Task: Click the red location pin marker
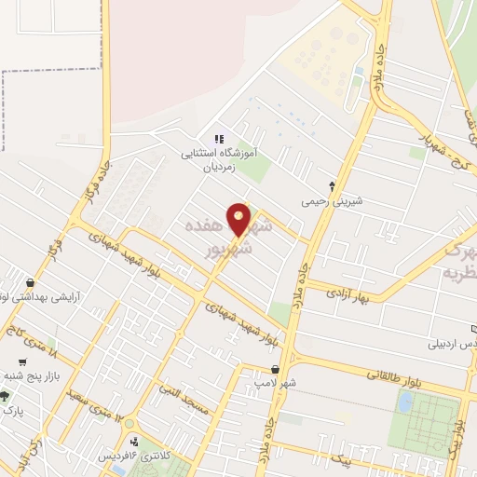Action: pos(239,220)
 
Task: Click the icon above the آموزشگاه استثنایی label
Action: pos(220,138)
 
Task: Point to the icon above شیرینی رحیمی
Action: pos(333,186)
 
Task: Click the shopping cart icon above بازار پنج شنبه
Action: pos(21,361)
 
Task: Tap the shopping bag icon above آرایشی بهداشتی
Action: pos(32,282)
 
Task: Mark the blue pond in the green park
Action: pos(405,402)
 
